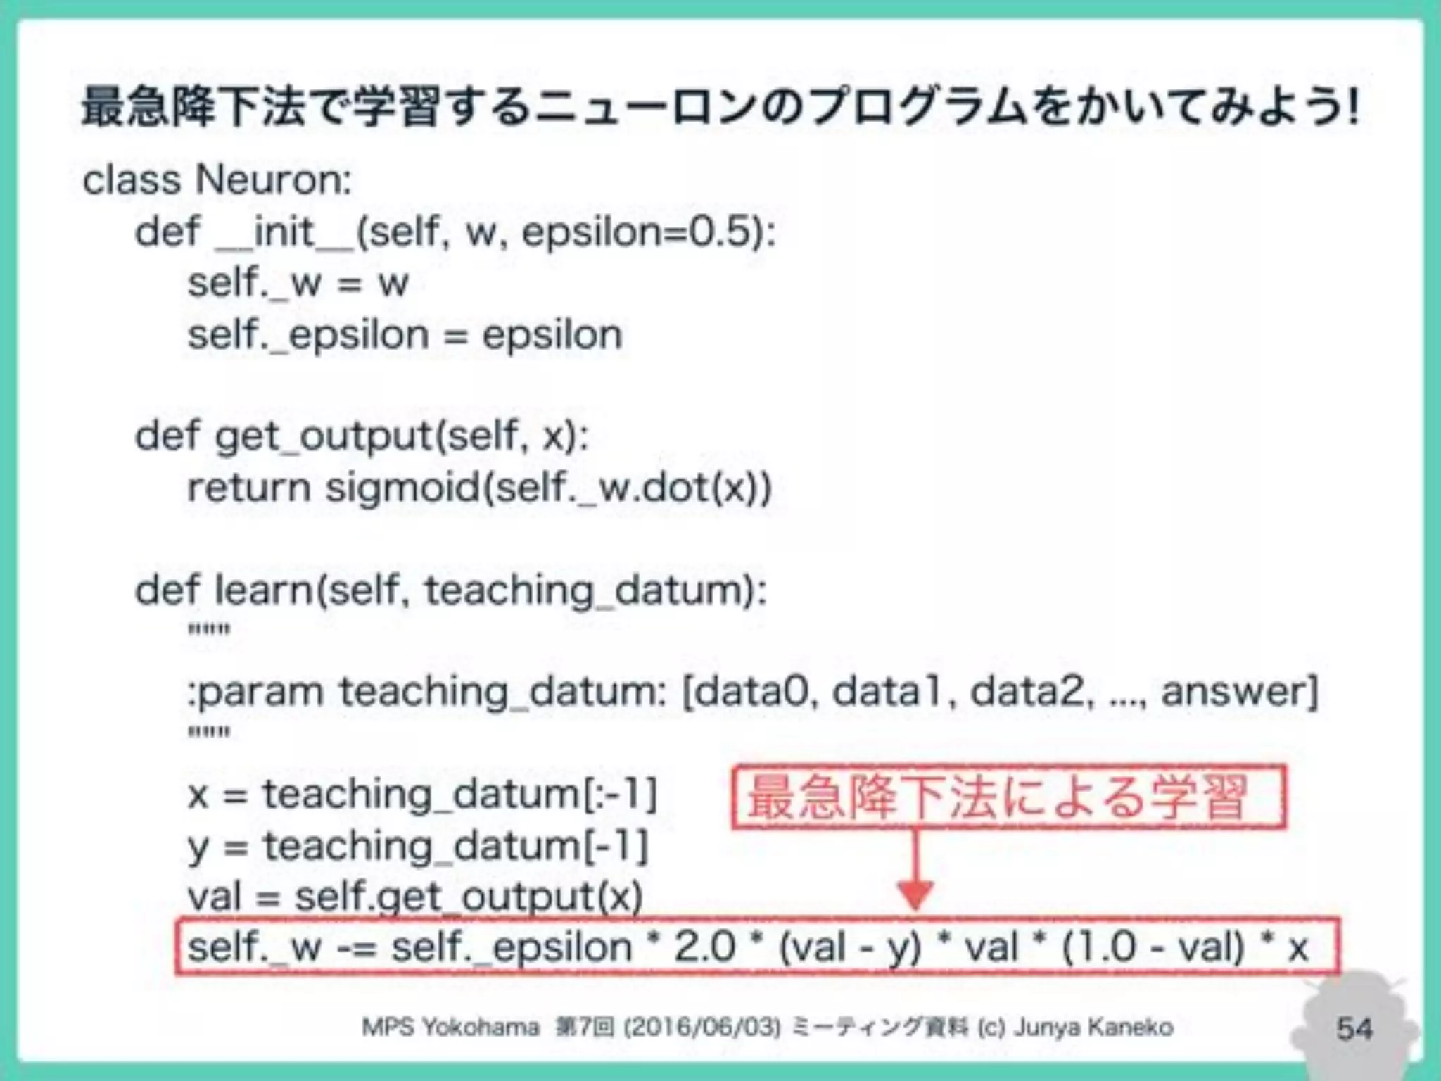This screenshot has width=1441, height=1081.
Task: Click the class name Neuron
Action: click(x=273, y=179)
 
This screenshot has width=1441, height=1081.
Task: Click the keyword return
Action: click(x=249, y=488)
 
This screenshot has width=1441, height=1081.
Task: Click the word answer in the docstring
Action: click(x=1236, y=691)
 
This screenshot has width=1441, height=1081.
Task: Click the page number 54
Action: click(x=1354, y=1029)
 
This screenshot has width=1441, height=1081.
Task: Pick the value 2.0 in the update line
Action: click(x=705, y=947)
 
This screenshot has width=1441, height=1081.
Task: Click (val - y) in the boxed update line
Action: click(x=850, y=947)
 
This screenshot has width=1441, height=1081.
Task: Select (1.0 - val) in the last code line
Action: click(x=1154, y=947)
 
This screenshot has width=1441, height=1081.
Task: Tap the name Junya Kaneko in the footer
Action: click(x=1093, y=1028)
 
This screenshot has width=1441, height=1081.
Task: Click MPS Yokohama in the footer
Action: click(x=450, y=1028)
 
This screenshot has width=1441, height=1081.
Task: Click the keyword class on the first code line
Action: click(x=132, y=179)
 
